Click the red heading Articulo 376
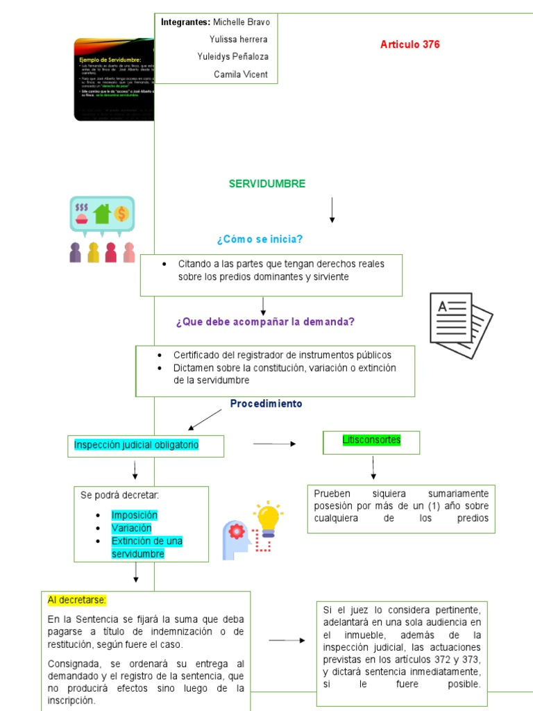(x=409, y=44)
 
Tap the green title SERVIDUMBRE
(x=267, y=184)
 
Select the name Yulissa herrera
(x=238, y=40)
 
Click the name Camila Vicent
(x=240, y=74)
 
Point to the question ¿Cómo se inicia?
(x=260, y=240)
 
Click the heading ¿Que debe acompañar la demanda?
(x=265, y=321)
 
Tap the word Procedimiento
(x=266, y=403)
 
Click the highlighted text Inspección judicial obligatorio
(x=136, y=444)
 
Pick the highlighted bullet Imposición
(x=134, y=515)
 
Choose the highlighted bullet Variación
(x=131, y=528)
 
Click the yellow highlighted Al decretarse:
(x=76, y=600)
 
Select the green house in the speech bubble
(x=103, y=212)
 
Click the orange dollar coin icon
(x=121, y=213)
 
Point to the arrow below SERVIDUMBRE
(x=332, y=210)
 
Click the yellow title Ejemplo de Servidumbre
(x=110, y=60)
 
